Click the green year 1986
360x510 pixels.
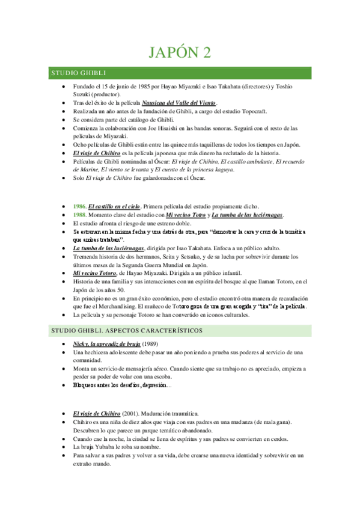79,206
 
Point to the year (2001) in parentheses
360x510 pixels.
134,414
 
